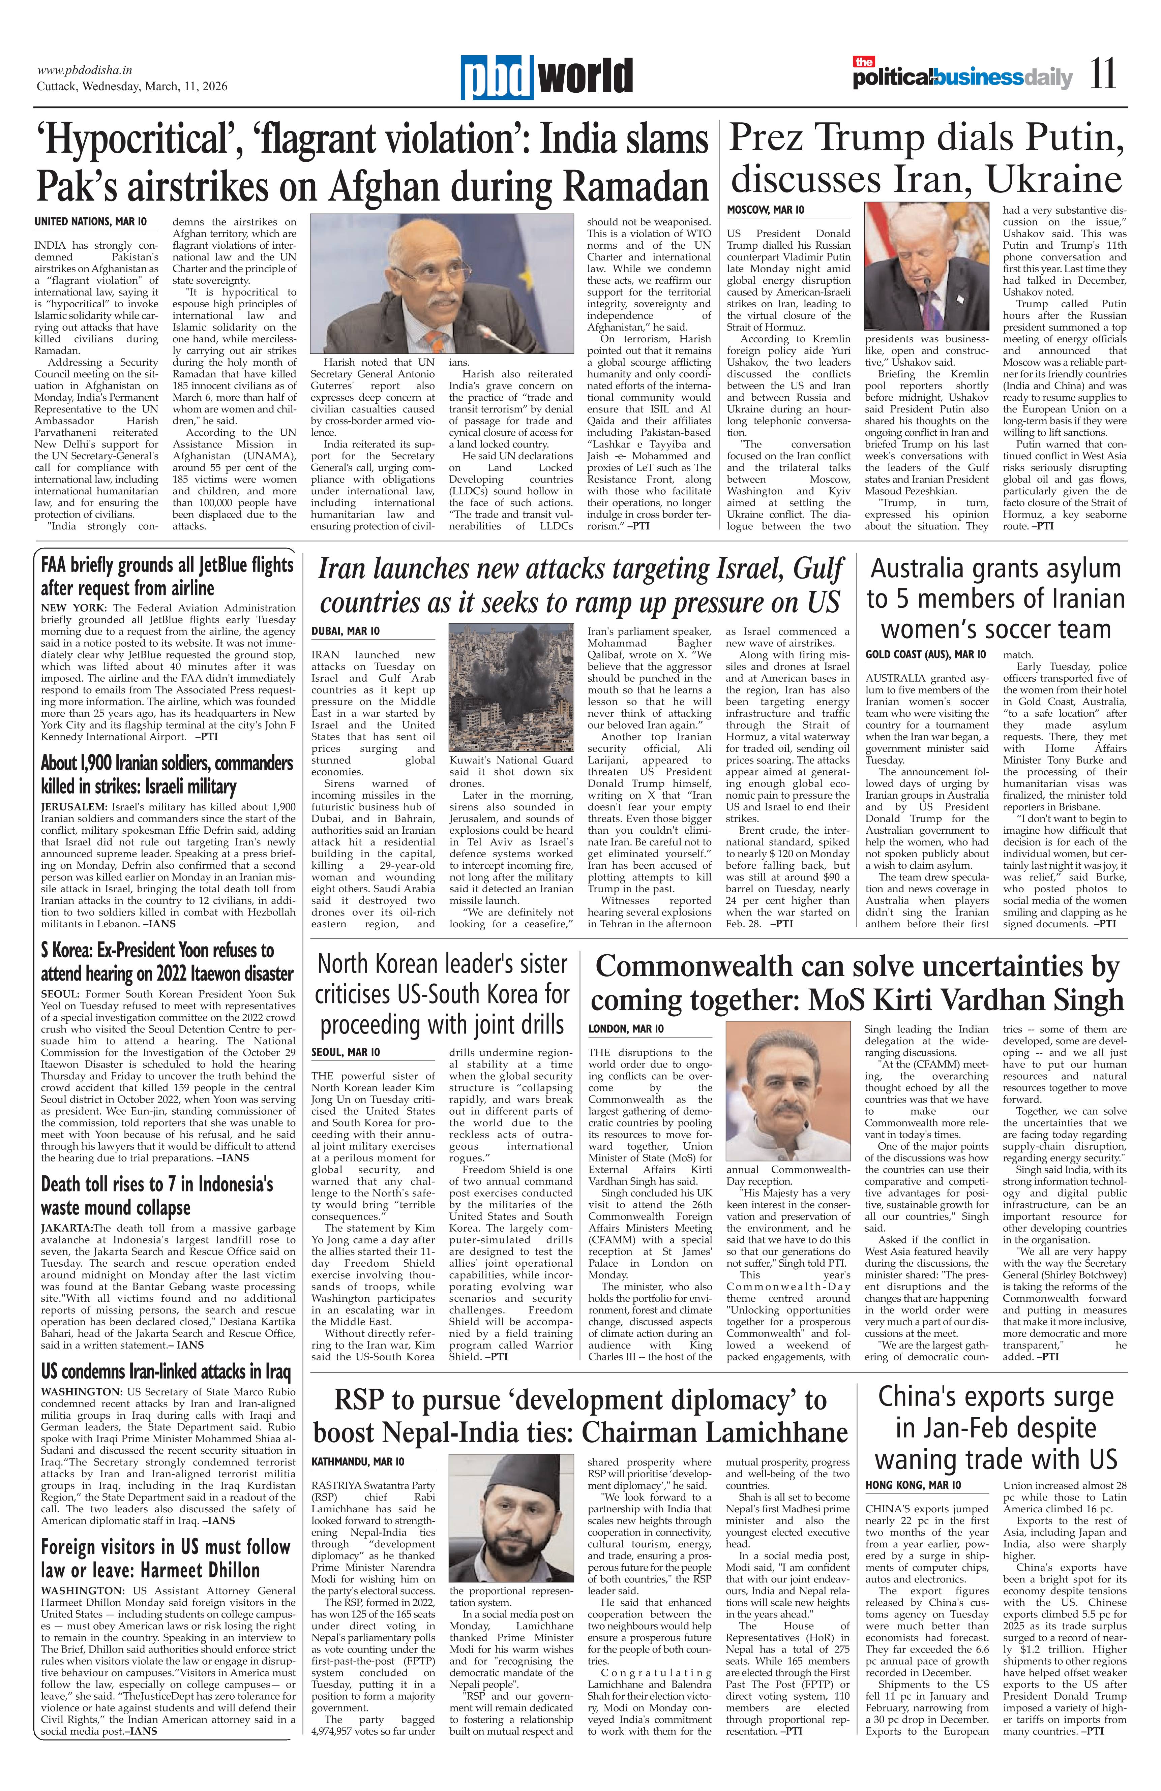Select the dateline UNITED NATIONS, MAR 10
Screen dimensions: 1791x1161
(90, 222)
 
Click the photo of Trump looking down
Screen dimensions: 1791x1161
(926, 266)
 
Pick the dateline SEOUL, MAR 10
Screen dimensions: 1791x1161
(346, 1052)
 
